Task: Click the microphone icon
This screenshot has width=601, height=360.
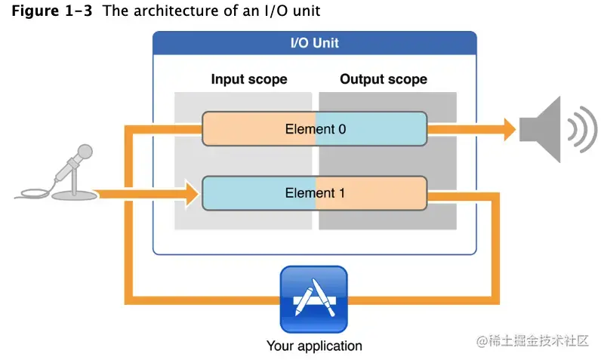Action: coord(72,170)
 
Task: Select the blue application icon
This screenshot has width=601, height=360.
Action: coord(313,300)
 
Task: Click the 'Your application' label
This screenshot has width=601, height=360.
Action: coord(313,346)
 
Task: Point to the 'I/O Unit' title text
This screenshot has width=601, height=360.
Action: coord(314,43)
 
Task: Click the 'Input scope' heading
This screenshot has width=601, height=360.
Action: coord(248,79)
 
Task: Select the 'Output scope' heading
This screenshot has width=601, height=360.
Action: coord(383,79)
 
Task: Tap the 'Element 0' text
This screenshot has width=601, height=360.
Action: coord(315,129)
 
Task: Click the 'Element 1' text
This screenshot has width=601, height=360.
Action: coord(315,193)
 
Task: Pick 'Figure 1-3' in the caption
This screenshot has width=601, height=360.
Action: coord(51,11)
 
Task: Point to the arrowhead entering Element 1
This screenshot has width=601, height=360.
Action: coord(189,194)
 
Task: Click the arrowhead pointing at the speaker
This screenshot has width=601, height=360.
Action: coord(504,129)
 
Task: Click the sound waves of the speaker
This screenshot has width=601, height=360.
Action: coord(578,129)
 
